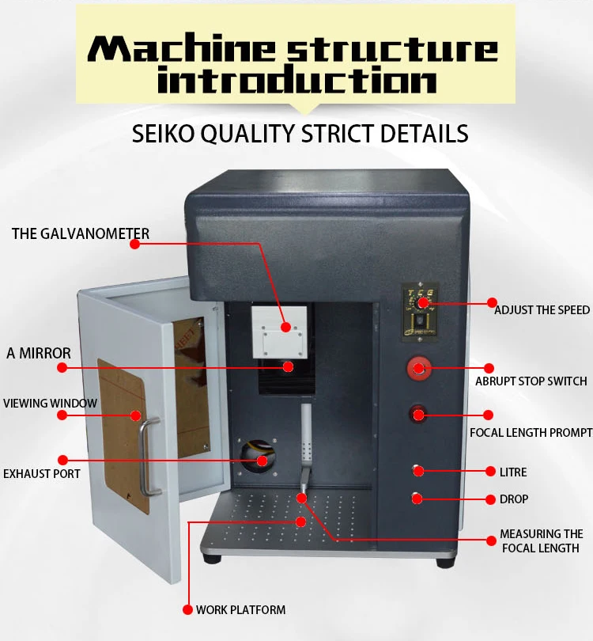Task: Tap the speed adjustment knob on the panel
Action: (x=423, y=302)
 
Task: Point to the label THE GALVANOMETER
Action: (x=80, y=233)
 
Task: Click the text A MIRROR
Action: (x=39, y=353)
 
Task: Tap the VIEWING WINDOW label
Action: (x=50, y=403)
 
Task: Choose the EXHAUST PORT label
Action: (x=42, y=474)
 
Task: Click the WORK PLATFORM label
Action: (x=240, y=609)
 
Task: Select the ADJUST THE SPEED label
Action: (x=542, y=309)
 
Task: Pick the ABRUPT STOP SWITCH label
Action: (x=531, y=381)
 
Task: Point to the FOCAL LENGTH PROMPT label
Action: (x=531, y=432)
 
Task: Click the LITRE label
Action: (x=513, y=472)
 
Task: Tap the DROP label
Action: (x=514, y=499)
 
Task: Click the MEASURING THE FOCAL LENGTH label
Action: (x=542, y=540)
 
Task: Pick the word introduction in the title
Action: (x=296, y=80)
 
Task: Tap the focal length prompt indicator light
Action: (x=417, y=414)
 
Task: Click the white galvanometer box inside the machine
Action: (x=278, y=330)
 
